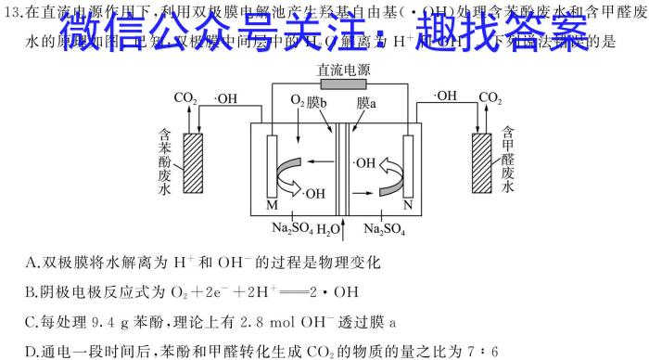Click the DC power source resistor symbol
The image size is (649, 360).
(x=344, y=84)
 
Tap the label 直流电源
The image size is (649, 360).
(x=344, y=68)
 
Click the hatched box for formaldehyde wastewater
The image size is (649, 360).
(x=481, y=163)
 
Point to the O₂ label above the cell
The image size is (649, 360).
(x=299, y=100)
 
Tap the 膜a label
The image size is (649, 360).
(x=366, y=101)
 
